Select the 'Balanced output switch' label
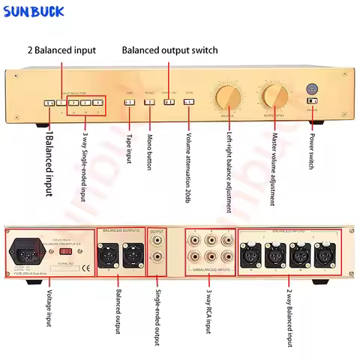pyautogui.click(x=169, y=50)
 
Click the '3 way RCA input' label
pyautogui.click(x=210, y=316)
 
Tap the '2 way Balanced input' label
pyautogui.click(x=289, y=319)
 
